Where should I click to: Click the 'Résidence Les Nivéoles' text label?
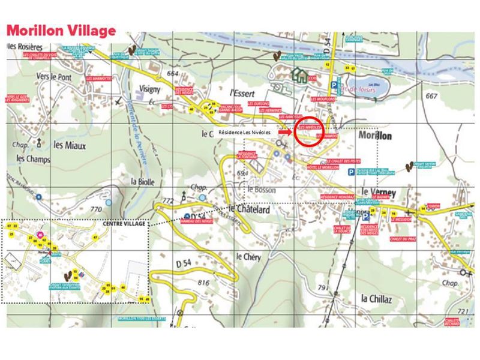(x=244, y=131)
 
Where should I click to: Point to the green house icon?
(x=298, y=74)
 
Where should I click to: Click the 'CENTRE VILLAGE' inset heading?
(x=125, y=223)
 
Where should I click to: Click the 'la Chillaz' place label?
(x=376, y=298)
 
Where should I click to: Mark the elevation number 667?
(x=430, y=95)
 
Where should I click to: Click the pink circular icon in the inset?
(x=40, y=235)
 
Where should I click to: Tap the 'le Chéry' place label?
(x=247, y=256)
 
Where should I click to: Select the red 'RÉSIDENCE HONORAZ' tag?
(x=338, y=197)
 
